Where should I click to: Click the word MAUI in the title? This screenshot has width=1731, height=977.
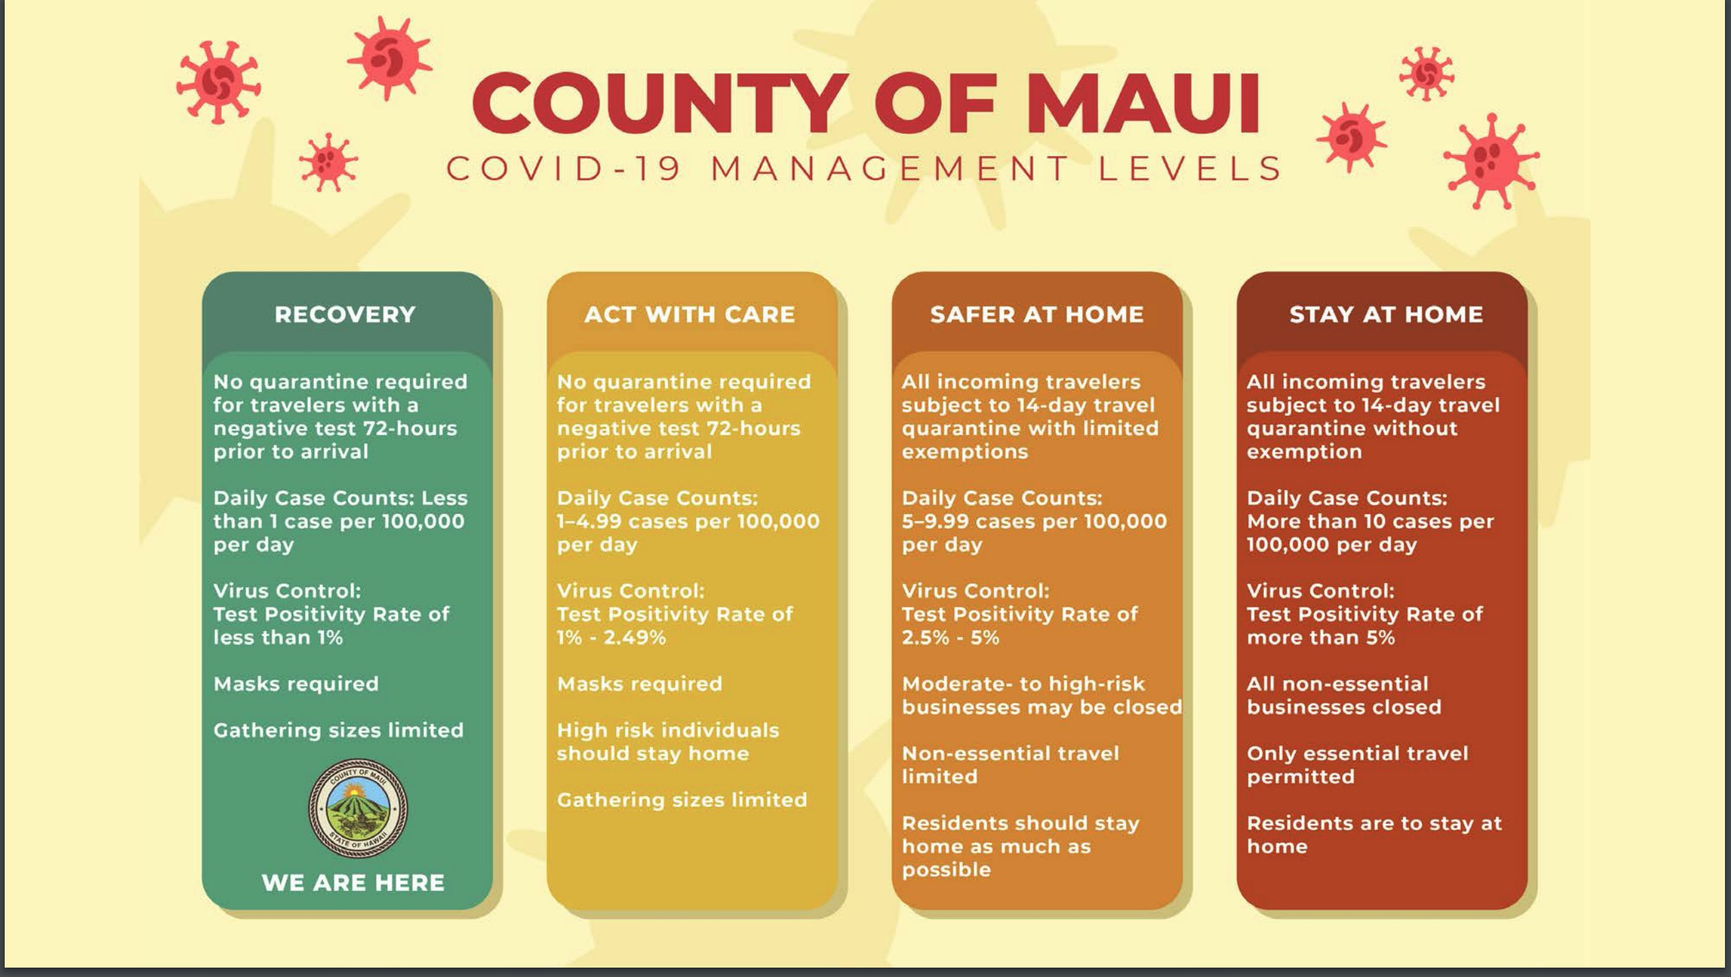[1143, 103]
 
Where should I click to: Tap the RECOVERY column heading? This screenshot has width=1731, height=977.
[345, 314]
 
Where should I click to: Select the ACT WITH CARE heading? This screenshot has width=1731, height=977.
[689, 314]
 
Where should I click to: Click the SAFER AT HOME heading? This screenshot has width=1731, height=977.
[1037, 314]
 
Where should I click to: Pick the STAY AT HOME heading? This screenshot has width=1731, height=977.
[1386, 314]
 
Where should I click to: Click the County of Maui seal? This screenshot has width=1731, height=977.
[357, 808]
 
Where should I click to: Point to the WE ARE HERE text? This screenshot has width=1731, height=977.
[353, 882]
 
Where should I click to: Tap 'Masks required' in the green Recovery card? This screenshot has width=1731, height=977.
[296, 684]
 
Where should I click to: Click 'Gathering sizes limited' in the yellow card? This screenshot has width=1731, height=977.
[682, 800]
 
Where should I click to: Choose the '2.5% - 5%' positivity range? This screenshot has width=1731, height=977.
[951, 638]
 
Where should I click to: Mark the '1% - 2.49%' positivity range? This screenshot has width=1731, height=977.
[611, 638]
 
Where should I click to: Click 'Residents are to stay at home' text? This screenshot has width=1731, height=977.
[1374, 835]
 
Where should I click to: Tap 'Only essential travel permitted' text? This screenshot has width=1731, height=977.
[1357, 765]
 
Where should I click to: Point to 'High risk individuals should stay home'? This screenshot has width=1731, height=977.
[668, 742]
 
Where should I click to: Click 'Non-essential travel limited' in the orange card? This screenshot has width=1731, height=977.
[1011, 765]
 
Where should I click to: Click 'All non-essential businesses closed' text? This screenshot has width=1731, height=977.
[1344, 695]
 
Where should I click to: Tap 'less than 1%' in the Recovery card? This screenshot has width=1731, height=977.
[278, 638]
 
